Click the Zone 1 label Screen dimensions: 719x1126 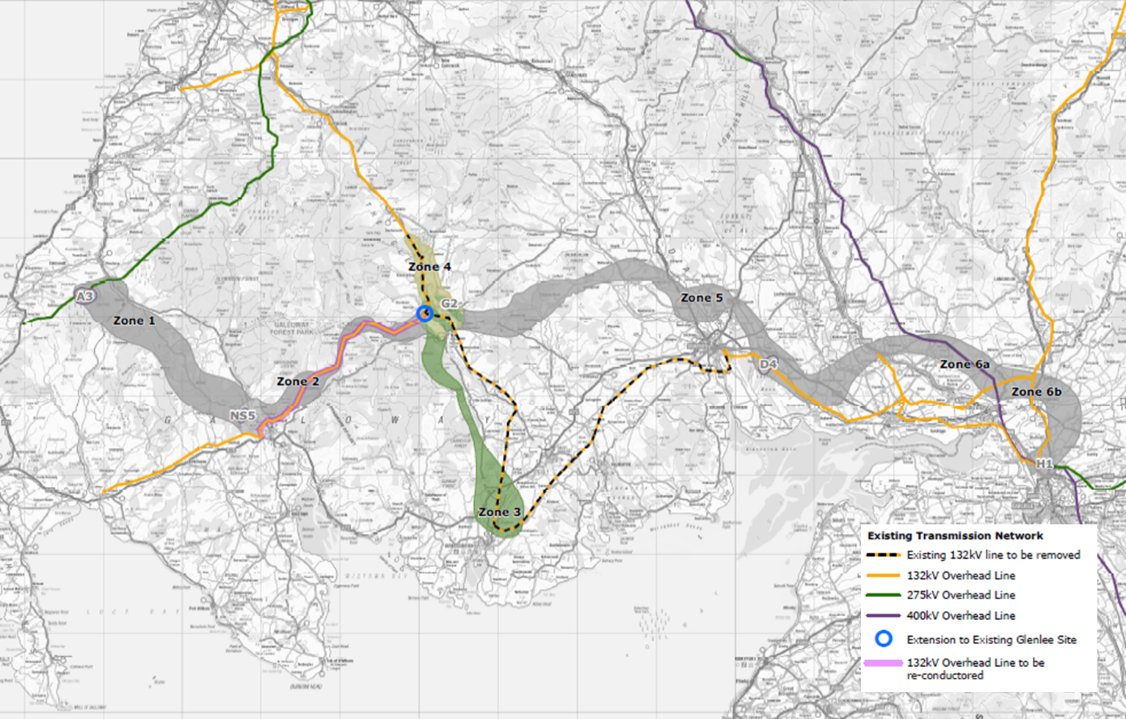click(134, 321)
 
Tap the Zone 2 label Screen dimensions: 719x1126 click(298, 382)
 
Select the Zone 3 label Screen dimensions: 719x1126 click(500, 512)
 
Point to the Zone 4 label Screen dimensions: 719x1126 click(429, 267)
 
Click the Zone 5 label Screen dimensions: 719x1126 click(702, 297)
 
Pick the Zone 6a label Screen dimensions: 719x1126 click(965, 364)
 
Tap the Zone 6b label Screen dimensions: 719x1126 click(1036, 392)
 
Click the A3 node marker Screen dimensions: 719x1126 click(85, 297)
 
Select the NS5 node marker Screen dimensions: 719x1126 click(243, 416)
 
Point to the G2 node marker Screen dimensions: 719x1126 click(449, 303)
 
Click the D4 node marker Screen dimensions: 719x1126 click(768, 364)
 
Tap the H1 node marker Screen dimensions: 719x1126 click(1044, 464)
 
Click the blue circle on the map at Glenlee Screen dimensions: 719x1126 click(424, 314)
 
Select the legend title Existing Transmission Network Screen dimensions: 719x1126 click(955, 536)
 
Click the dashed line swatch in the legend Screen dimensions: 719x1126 click(883, 555)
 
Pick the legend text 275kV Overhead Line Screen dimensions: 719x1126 click(961, 596)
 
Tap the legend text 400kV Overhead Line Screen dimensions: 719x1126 click(961, 615)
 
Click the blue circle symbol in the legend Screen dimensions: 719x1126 click(884, 639)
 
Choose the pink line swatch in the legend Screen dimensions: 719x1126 click(883, 663)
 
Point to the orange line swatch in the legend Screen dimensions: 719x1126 click(883, 576)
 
